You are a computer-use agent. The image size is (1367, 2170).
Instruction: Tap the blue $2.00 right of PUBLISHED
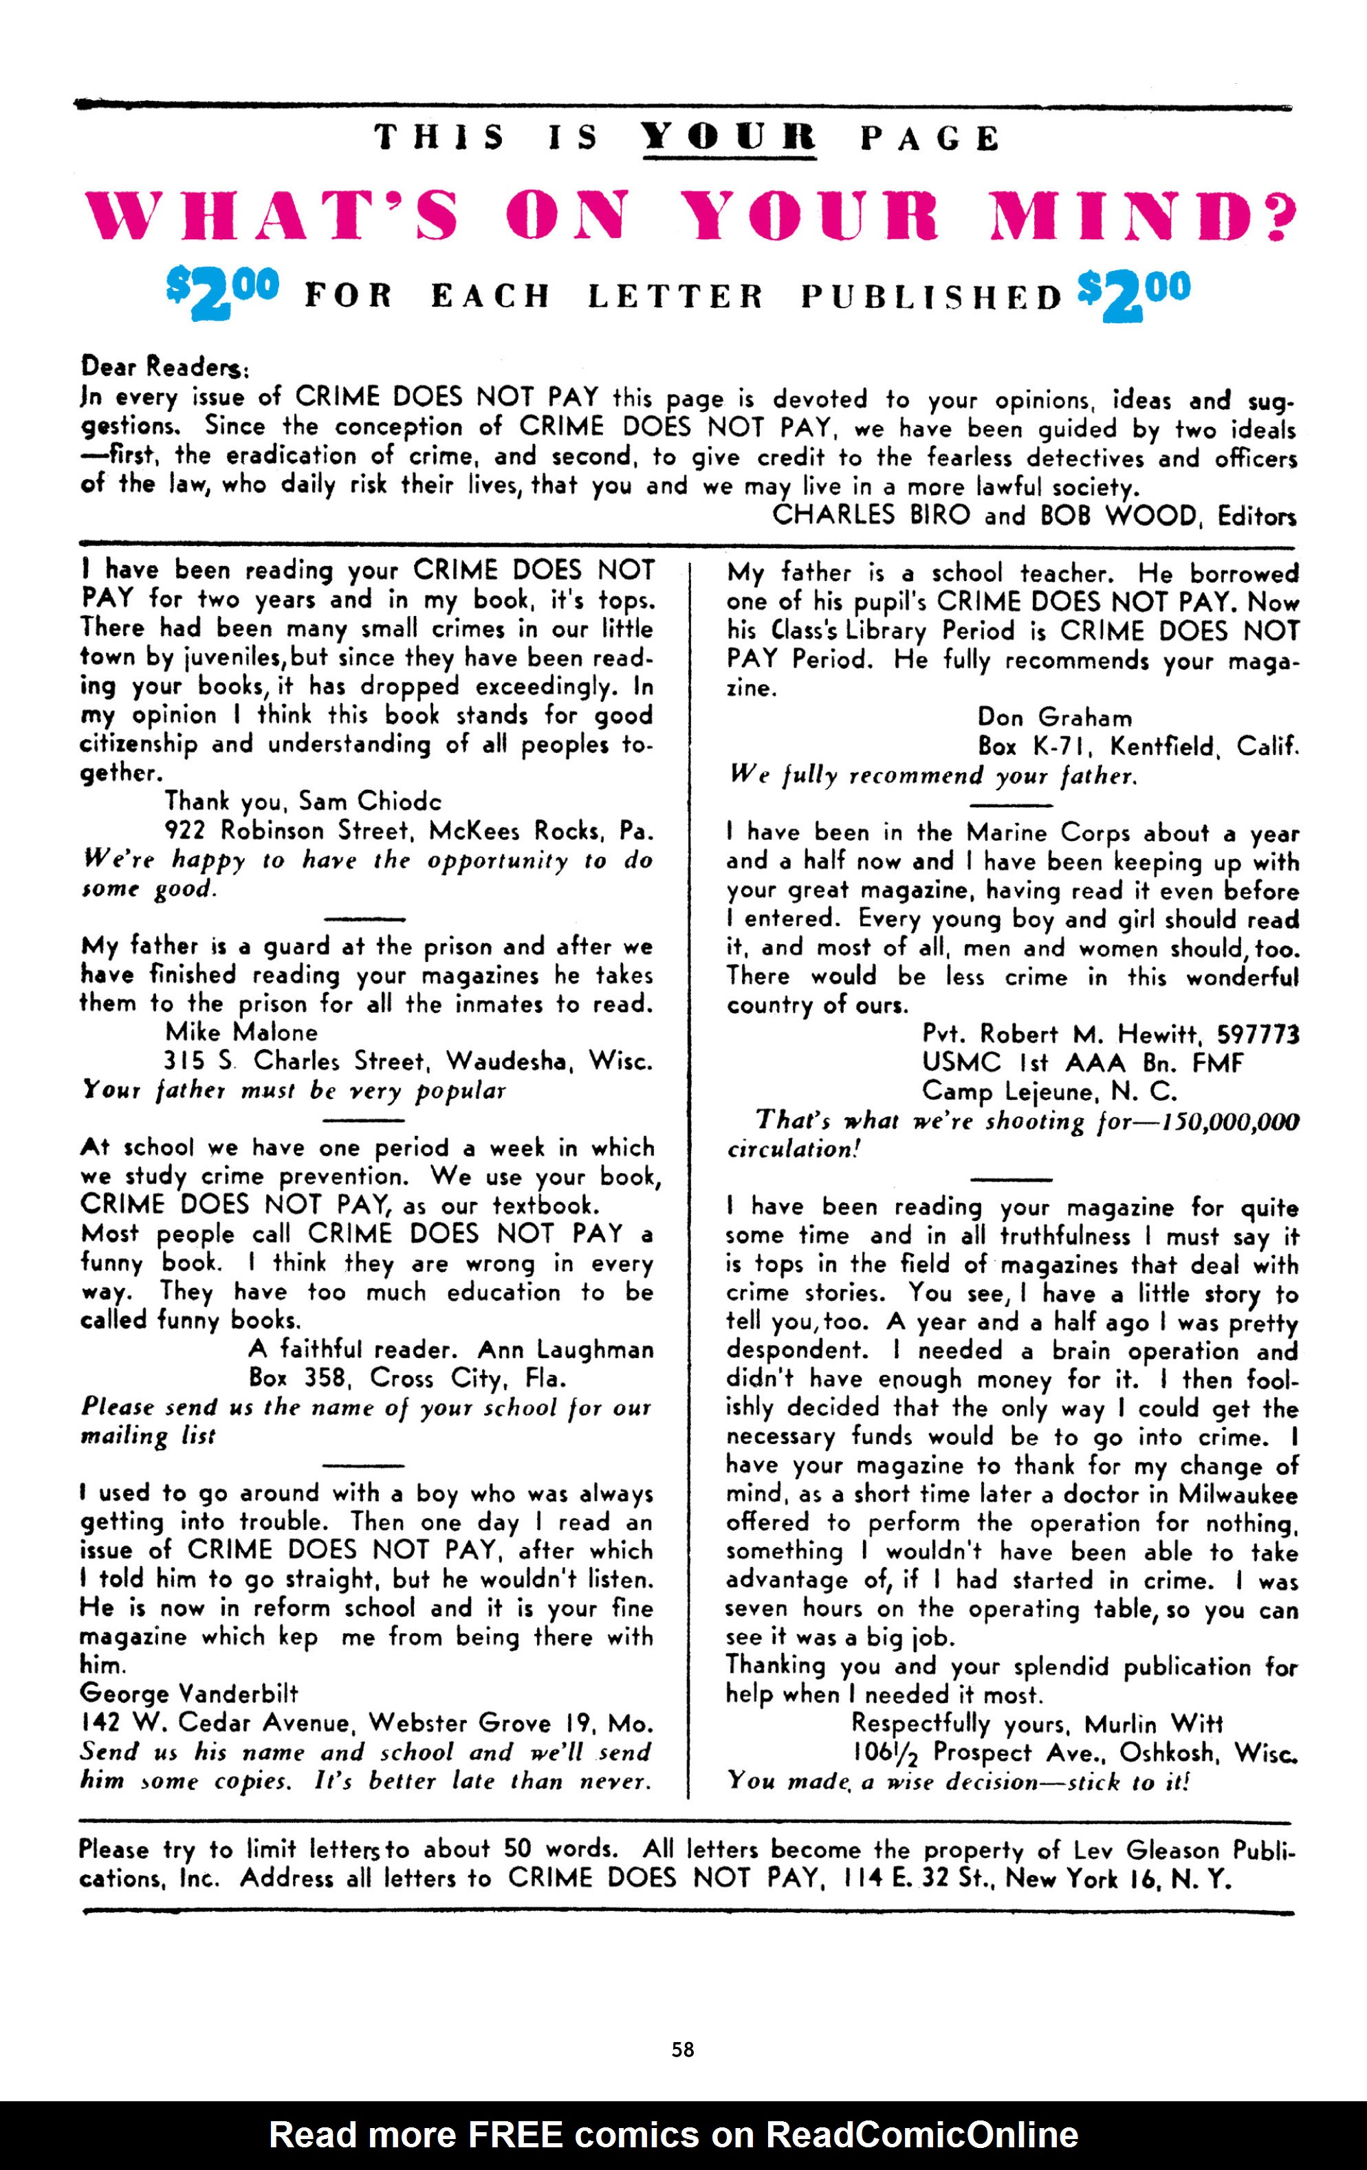click(x=1134, y=293)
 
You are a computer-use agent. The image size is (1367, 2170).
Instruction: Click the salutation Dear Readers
click(x=165, y=366)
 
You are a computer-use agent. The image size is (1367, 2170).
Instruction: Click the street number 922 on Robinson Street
click(x=186, y=830)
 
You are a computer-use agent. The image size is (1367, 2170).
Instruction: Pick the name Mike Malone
click(x=241, y=1032)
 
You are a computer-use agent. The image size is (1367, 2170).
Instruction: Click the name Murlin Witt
click(x=1153, y=1724)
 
